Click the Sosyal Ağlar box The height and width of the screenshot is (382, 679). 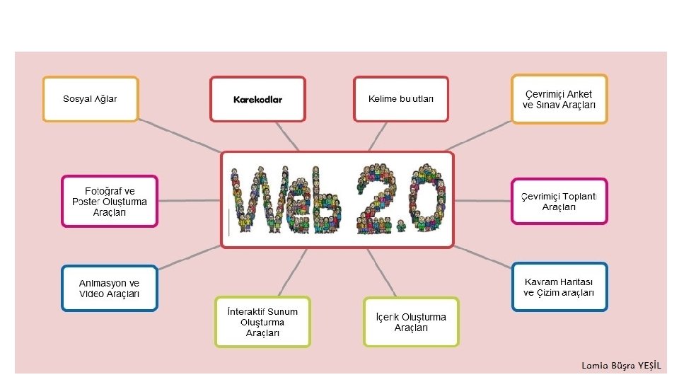pos(91,99)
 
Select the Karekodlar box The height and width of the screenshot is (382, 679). pos(258,99)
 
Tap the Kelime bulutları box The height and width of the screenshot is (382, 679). pos(401,99)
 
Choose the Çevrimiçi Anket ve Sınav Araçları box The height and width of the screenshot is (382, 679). pos(559,99)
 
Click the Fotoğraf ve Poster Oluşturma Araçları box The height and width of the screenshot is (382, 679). pos(110,202)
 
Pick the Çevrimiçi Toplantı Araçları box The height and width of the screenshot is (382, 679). pos(559,202)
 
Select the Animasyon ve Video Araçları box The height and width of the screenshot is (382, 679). pos(110,289)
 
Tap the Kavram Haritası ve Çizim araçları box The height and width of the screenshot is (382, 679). pos(559,287)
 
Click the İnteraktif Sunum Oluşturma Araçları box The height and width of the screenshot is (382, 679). pos(262,323)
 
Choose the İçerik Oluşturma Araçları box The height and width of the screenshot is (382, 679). pos(411,323)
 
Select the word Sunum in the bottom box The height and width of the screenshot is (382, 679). pos(282,312)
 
